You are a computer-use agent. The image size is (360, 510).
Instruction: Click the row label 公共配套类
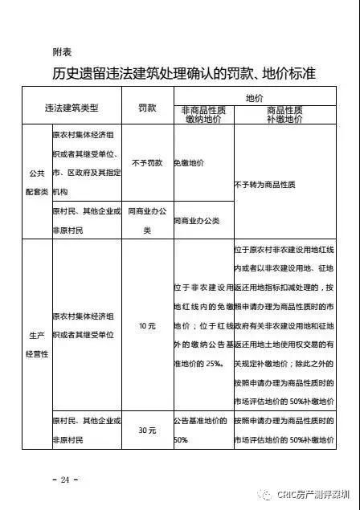click(36, 182)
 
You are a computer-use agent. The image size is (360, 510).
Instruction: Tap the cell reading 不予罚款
click(146, 163)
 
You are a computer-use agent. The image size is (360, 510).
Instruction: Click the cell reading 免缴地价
click(190, 163)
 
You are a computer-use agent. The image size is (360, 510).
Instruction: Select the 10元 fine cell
click(146, 325)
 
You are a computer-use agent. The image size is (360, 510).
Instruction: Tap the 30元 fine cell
click(146, 430)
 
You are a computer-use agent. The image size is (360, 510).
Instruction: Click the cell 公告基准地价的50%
click(193, 430)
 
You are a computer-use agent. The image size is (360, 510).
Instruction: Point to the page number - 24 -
click(67, 479)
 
